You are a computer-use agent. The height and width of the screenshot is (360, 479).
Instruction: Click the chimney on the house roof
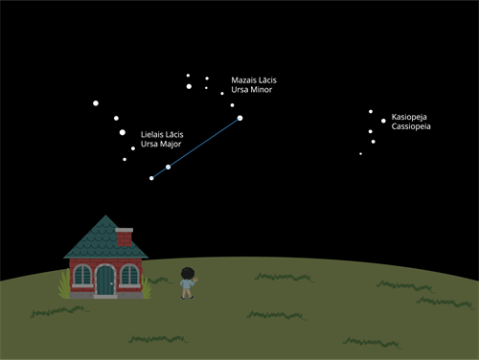point(124,235)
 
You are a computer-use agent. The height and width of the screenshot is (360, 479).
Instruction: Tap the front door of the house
point(106,281)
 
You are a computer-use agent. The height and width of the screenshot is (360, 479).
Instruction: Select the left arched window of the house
point(82,278)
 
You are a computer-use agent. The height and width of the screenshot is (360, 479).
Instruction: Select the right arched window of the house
point(130,278)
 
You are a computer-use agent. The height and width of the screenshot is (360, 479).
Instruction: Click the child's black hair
point(187,271)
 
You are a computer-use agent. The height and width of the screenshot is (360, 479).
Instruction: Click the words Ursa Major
point(161,145)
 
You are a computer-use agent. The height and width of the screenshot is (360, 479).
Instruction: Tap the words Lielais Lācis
point(162,134)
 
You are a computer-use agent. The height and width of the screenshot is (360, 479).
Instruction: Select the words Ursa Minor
point(252,90)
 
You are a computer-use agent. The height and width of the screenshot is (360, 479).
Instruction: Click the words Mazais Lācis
point(254,79)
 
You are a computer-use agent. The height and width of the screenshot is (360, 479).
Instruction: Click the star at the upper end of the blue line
point(239,118)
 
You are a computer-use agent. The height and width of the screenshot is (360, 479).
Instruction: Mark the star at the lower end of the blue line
point(151,178)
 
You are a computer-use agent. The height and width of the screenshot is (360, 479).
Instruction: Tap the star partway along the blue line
point(169,168)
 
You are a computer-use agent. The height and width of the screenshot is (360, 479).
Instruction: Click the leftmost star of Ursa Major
point(96,102)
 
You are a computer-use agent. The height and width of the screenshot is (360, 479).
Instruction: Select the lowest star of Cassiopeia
point(361,153)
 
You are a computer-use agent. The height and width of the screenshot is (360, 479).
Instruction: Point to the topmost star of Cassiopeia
point(371,111)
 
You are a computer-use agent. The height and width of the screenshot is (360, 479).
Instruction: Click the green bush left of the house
point(65,284)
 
